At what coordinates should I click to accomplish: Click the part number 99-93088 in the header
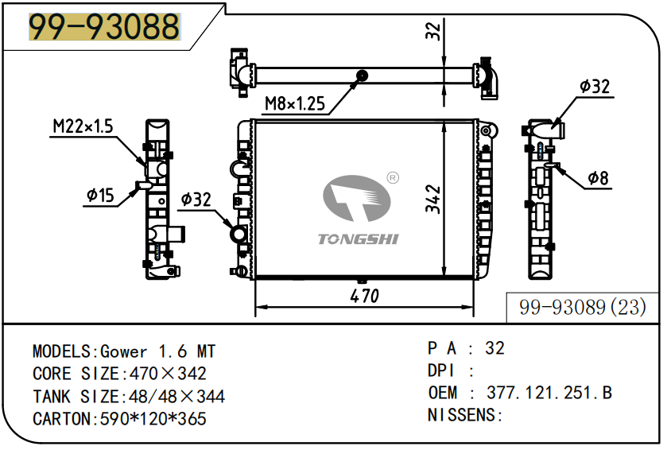(x=104, y=28)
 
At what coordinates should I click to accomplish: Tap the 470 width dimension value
(x=364, y=296)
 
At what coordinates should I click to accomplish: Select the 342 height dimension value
(x=432, y=199)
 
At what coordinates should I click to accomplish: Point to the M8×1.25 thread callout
(x=295, y=103)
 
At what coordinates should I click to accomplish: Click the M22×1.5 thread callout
(x=83, y=126)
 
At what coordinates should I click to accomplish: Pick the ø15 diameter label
(x=101, y=194)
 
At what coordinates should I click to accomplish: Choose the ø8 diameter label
(x=598, y=179)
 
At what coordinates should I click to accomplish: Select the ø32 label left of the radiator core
(x=196, y=199)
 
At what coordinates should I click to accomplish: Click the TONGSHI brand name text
(x=359, y=239)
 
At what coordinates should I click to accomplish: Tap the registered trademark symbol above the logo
(x=392, y=177)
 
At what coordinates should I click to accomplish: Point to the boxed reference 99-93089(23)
(x=582, y=307)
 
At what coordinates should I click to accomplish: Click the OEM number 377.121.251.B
(x=549, y=392)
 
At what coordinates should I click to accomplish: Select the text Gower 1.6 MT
(x=157, y=351)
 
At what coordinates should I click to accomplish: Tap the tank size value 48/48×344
(x=172, y=396)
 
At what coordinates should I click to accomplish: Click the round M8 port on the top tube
(x=363, y=76)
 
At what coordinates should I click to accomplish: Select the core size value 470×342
(x=163, y=374)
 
